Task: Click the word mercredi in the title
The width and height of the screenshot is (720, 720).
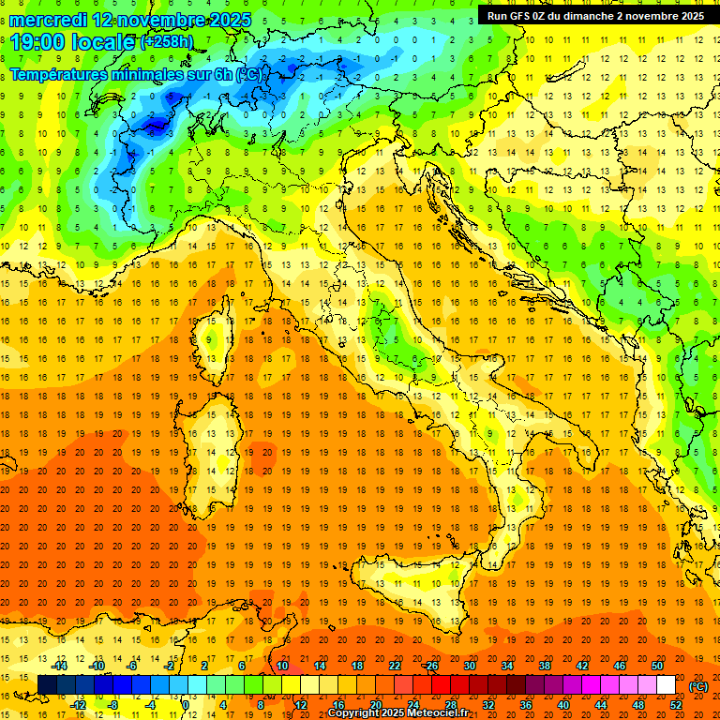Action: [49, 20]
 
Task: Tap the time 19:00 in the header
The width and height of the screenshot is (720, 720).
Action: [38, 42]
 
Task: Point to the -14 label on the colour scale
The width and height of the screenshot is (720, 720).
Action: [61, 665]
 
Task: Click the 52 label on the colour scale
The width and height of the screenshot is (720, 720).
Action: [676, 705]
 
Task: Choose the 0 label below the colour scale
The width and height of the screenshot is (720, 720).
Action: [186, 705]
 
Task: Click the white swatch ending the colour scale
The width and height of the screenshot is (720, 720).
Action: [666, 685]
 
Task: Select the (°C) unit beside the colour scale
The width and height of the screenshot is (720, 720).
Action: [698, 685]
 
